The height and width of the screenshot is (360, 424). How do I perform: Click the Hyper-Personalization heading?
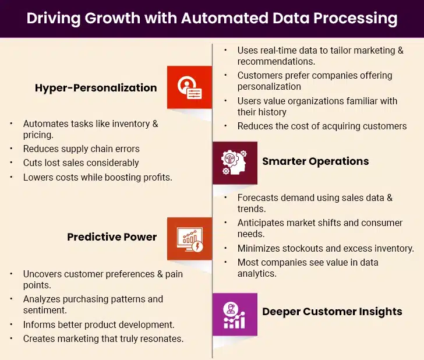[96, 88]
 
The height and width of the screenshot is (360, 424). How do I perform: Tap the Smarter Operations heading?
[315, 161]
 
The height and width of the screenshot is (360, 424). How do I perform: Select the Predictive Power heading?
[112, 237]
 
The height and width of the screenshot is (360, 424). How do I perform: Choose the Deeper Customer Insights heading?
[332, 311]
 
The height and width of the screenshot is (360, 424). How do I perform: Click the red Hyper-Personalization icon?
[189, 87]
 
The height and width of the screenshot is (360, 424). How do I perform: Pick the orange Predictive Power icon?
[189, 238]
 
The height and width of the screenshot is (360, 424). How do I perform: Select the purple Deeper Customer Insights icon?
[234, 312]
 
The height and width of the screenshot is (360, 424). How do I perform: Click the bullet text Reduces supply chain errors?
[82, 149]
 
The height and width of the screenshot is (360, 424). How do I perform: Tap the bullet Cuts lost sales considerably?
[81, 163]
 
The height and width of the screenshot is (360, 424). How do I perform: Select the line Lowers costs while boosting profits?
[97, 177]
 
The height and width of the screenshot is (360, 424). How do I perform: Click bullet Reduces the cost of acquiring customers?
[321, 126]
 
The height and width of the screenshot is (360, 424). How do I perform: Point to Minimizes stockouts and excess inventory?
[326, 248]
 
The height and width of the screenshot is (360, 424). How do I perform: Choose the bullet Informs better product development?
[98, 324]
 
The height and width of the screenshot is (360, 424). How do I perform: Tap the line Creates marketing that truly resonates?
[103, 338]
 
